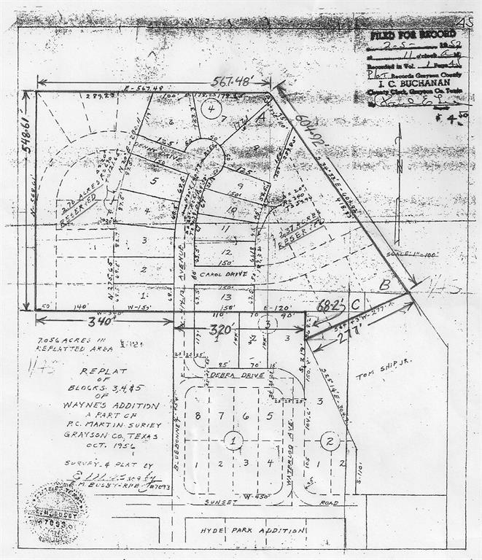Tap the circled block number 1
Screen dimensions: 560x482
pyautogui.click(x=233, y=440)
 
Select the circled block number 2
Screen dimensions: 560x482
pyautogui.click(x=330, y=440)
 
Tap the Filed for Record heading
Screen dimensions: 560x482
pyautogui.click(x=396, y=34)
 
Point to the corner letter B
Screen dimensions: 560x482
pyautogui.click(x=382, y=287)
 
